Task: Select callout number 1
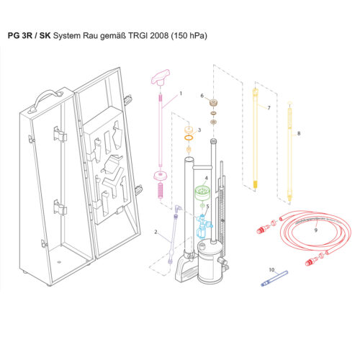181,94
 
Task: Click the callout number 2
156,232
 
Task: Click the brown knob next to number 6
213,102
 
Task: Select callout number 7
269,107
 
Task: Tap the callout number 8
298,133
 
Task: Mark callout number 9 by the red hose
315,230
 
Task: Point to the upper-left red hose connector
263,231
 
